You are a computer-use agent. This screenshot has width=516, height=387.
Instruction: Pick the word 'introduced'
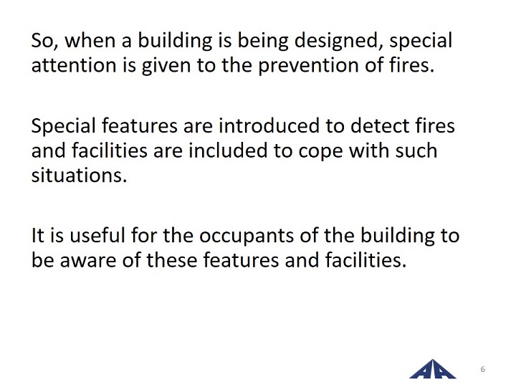tap(269, 125)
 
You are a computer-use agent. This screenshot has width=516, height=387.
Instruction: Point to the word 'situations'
tap(79, 175)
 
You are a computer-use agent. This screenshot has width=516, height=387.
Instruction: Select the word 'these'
tap(172, 260)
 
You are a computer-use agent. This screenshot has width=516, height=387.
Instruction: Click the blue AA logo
tap(432, 369)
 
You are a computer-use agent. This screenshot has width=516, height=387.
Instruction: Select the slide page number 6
tap(483, 369)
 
